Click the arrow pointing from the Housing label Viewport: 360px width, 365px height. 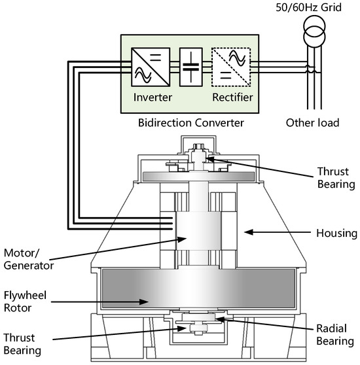point(268,231)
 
